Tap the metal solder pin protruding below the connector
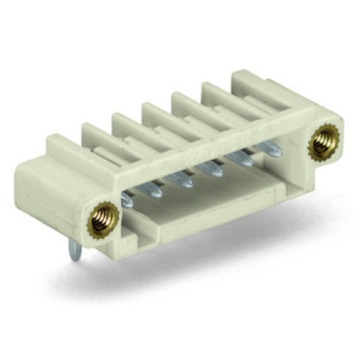[75, 250]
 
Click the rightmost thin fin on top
[220, 92]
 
